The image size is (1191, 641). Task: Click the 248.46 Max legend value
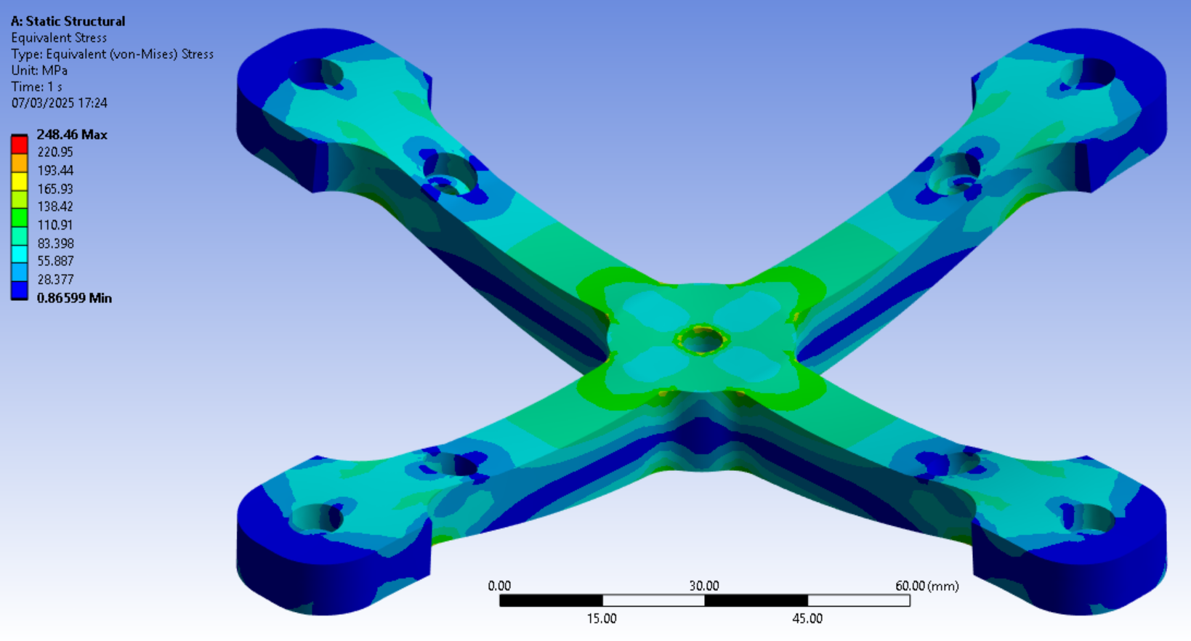coord(71,134)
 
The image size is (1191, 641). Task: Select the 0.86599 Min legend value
coord(73,298)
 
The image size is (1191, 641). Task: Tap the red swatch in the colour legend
coord(19,145)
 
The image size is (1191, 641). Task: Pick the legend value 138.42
coord(54,206)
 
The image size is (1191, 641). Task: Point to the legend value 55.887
coord(54,261)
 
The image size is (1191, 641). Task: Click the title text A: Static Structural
coord(68,21)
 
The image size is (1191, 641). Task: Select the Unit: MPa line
coord(39,70)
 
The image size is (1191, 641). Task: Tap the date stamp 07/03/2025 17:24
coord(59,103)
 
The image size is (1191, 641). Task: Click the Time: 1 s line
coord(36,86)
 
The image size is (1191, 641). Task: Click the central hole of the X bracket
coord(701,340)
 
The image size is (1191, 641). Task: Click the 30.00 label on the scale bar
coord(703,586)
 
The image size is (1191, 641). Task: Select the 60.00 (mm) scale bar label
coord(926,586)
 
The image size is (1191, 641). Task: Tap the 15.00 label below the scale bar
coord(601,618)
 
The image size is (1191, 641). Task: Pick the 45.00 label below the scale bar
coord(807,618)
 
